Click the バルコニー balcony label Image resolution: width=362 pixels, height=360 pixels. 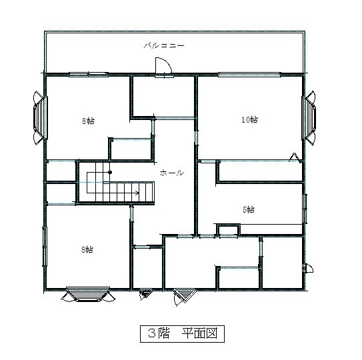coord(164,45)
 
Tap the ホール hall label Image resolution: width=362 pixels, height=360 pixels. coord(172,173)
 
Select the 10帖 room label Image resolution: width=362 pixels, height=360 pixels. coord(249,119)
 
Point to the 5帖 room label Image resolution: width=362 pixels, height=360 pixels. coord(249,210)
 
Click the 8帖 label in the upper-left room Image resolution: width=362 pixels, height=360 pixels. coord(88,121)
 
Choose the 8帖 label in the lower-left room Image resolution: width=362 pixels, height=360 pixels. coord(87,249)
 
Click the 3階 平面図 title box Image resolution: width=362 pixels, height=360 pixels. coord(182,334)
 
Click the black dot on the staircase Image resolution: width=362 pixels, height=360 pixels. coord(110,172)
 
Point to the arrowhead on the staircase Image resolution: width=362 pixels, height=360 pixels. coord(137,193)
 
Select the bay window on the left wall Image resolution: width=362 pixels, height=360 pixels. coord(40,118)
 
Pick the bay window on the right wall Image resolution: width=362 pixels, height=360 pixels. coord(309,118)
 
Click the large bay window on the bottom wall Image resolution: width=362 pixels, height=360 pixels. coord(88,295)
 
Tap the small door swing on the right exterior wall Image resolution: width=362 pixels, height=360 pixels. coord(309,269)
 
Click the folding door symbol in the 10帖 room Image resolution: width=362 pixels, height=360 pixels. coord(295,157)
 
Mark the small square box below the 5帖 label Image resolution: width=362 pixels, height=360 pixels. coord(228,230)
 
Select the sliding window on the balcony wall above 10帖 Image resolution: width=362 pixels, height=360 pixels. coord(249,75)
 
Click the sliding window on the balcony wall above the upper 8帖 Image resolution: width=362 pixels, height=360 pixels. coord(89,75)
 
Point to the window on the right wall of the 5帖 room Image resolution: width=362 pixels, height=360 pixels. coord(305,209)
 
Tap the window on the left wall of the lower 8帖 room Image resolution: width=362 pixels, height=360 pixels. coord(45,247)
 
